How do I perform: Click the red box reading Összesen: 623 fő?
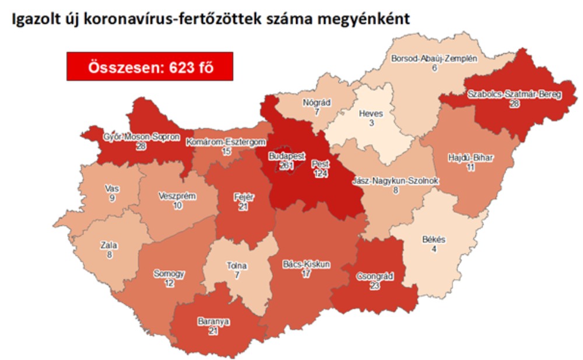(x=150, y=66)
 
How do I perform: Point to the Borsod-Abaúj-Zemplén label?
(x=434, y=59)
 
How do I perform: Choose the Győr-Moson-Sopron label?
(x=132, y=138)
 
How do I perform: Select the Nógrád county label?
(x=317, y=103)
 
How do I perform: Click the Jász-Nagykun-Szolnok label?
(x=395, y=181)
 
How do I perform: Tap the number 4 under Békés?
(x=433, y=249)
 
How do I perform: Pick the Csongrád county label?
(x=374, y=277)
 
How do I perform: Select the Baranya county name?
(x=213, y=321)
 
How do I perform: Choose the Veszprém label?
(x=177, y=196)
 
